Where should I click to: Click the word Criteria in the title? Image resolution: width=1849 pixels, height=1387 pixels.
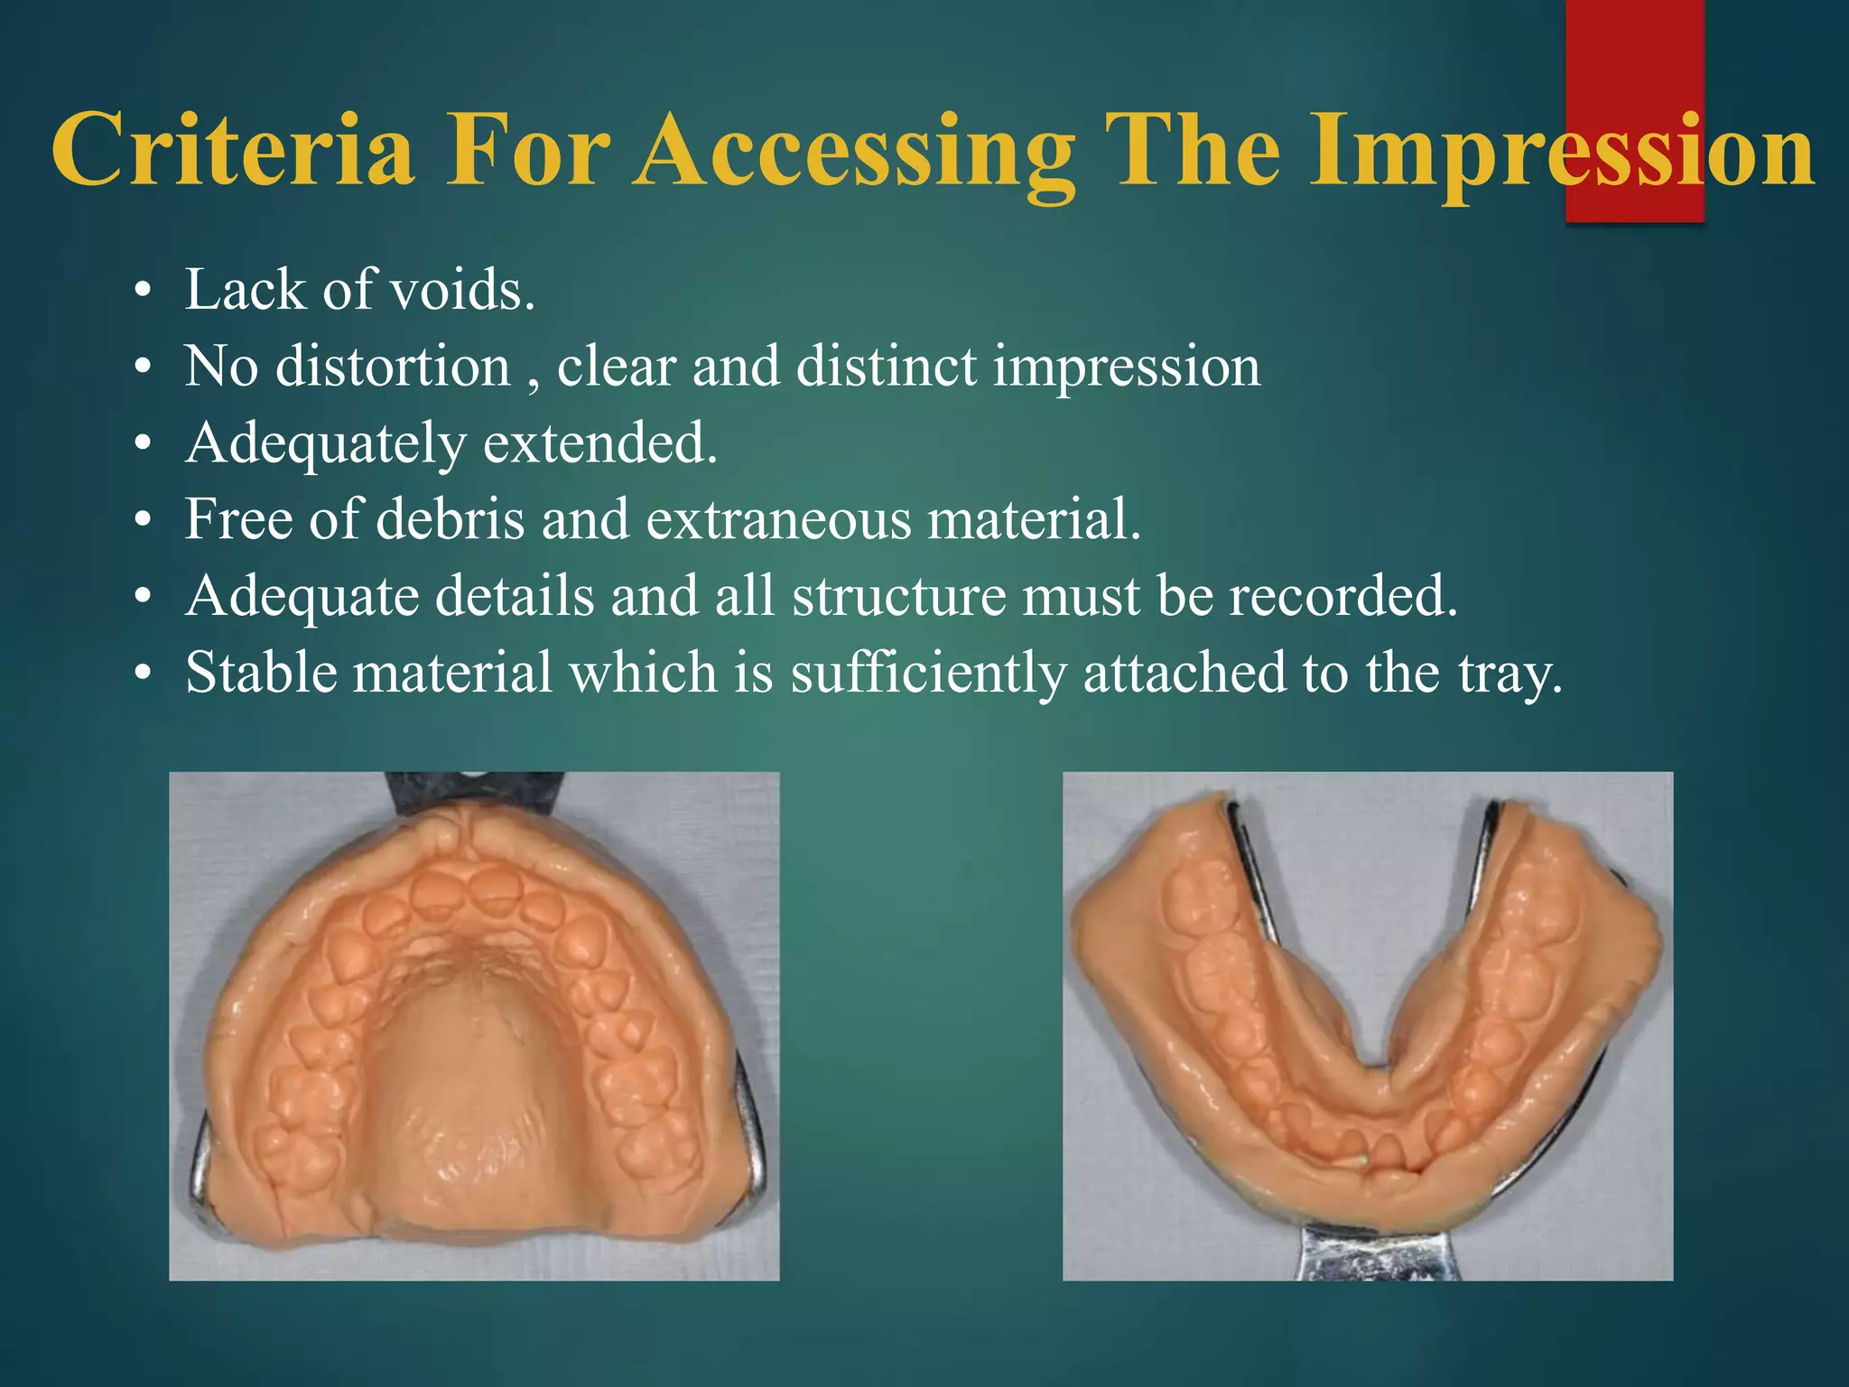[x=233, y=151]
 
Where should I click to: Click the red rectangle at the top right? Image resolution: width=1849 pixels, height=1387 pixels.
[x=1634, y=54]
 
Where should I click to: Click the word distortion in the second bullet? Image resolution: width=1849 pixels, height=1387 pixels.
[x=393, y=368]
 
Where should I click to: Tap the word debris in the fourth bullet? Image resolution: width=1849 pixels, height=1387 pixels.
[x=450, y=520]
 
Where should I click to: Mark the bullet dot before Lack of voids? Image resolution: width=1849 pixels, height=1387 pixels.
[x=143, y=293]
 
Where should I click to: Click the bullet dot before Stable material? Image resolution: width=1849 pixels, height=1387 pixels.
[x=143, y=675]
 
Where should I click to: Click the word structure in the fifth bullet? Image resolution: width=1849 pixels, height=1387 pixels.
[x=899, y=597]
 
